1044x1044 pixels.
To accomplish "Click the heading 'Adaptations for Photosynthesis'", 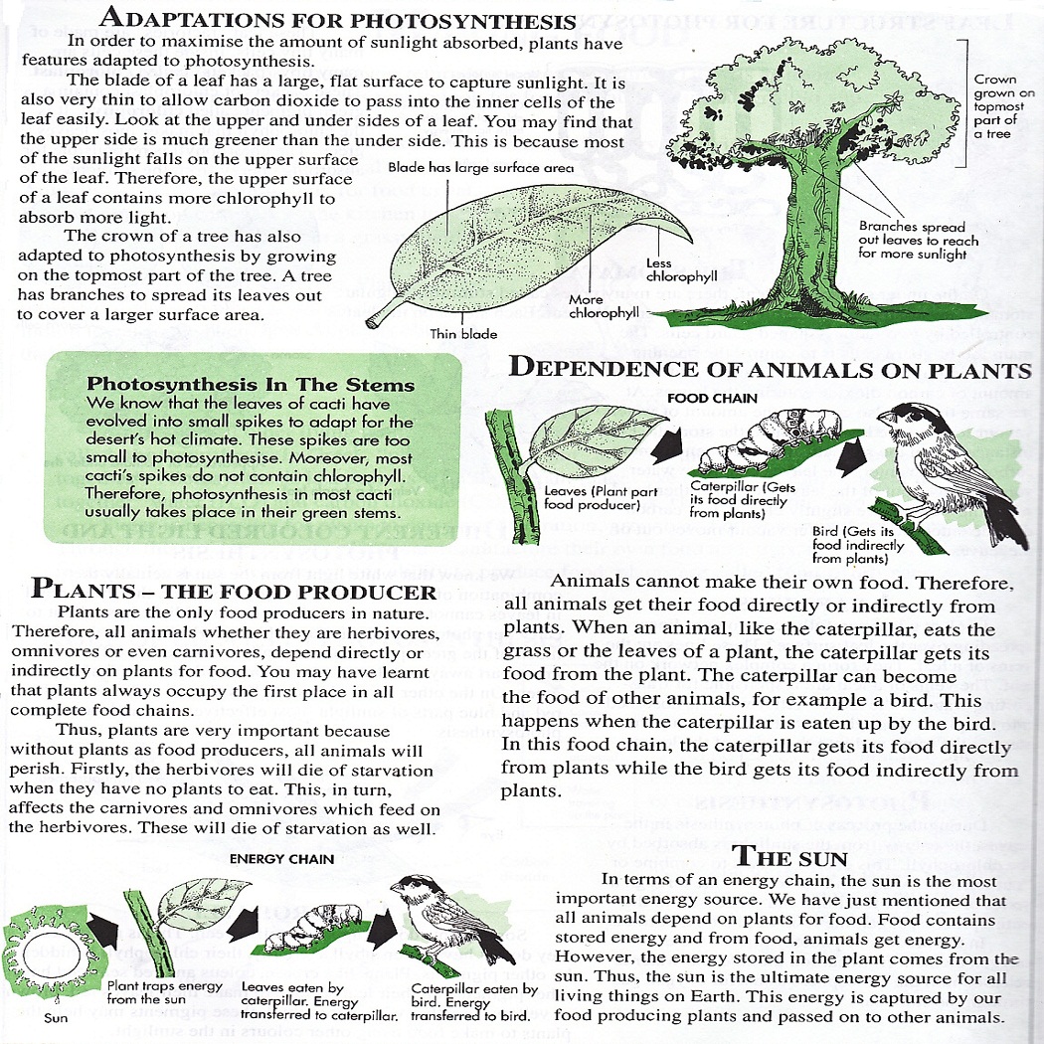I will (x=339, y=20).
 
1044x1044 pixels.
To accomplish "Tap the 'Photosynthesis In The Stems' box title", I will (x=251, y=384).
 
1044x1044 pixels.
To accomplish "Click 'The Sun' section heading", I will (x=789, y=857).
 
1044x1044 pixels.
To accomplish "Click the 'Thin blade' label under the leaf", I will (x=463, y=334).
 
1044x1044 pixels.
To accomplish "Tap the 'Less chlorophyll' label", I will (x=682, y=269).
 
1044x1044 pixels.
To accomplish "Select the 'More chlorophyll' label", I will (x=603, y=306).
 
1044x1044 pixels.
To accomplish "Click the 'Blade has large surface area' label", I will (x=481, y=169).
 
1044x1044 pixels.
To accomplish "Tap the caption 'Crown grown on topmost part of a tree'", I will (x=1003, y=106).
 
